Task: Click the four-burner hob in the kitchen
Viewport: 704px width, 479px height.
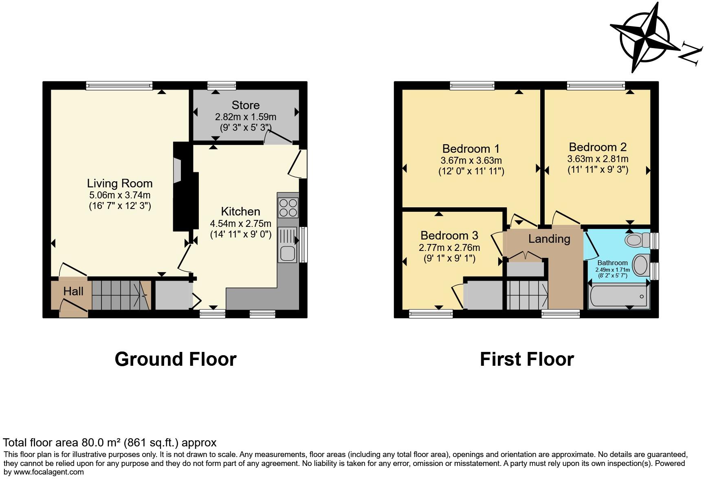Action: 288,208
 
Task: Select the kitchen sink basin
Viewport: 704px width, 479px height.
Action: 288,254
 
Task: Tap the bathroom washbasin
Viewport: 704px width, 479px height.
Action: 641,265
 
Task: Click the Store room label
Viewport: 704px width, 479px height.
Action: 245,105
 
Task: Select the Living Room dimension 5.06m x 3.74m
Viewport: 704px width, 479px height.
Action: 120,195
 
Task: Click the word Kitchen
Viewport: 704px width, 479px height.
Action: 240,211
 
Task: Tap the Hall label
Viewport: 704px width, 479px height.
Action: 73,291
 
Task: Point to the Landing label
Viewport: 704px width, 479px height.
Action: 549,239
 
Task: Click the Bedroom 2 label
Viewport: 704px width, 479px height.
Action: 598,147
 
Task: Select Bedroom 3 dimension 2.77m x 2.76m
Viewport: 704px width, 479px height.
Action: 449,247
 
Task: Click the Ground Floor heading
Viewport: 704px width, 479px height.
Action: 176,359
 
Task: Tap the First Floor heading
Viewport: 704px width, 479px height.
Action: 527,359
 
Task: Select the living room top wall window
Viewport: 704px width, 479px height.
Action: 119,86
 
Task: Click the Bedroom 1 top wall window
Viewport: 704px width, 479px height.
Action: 472,86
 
